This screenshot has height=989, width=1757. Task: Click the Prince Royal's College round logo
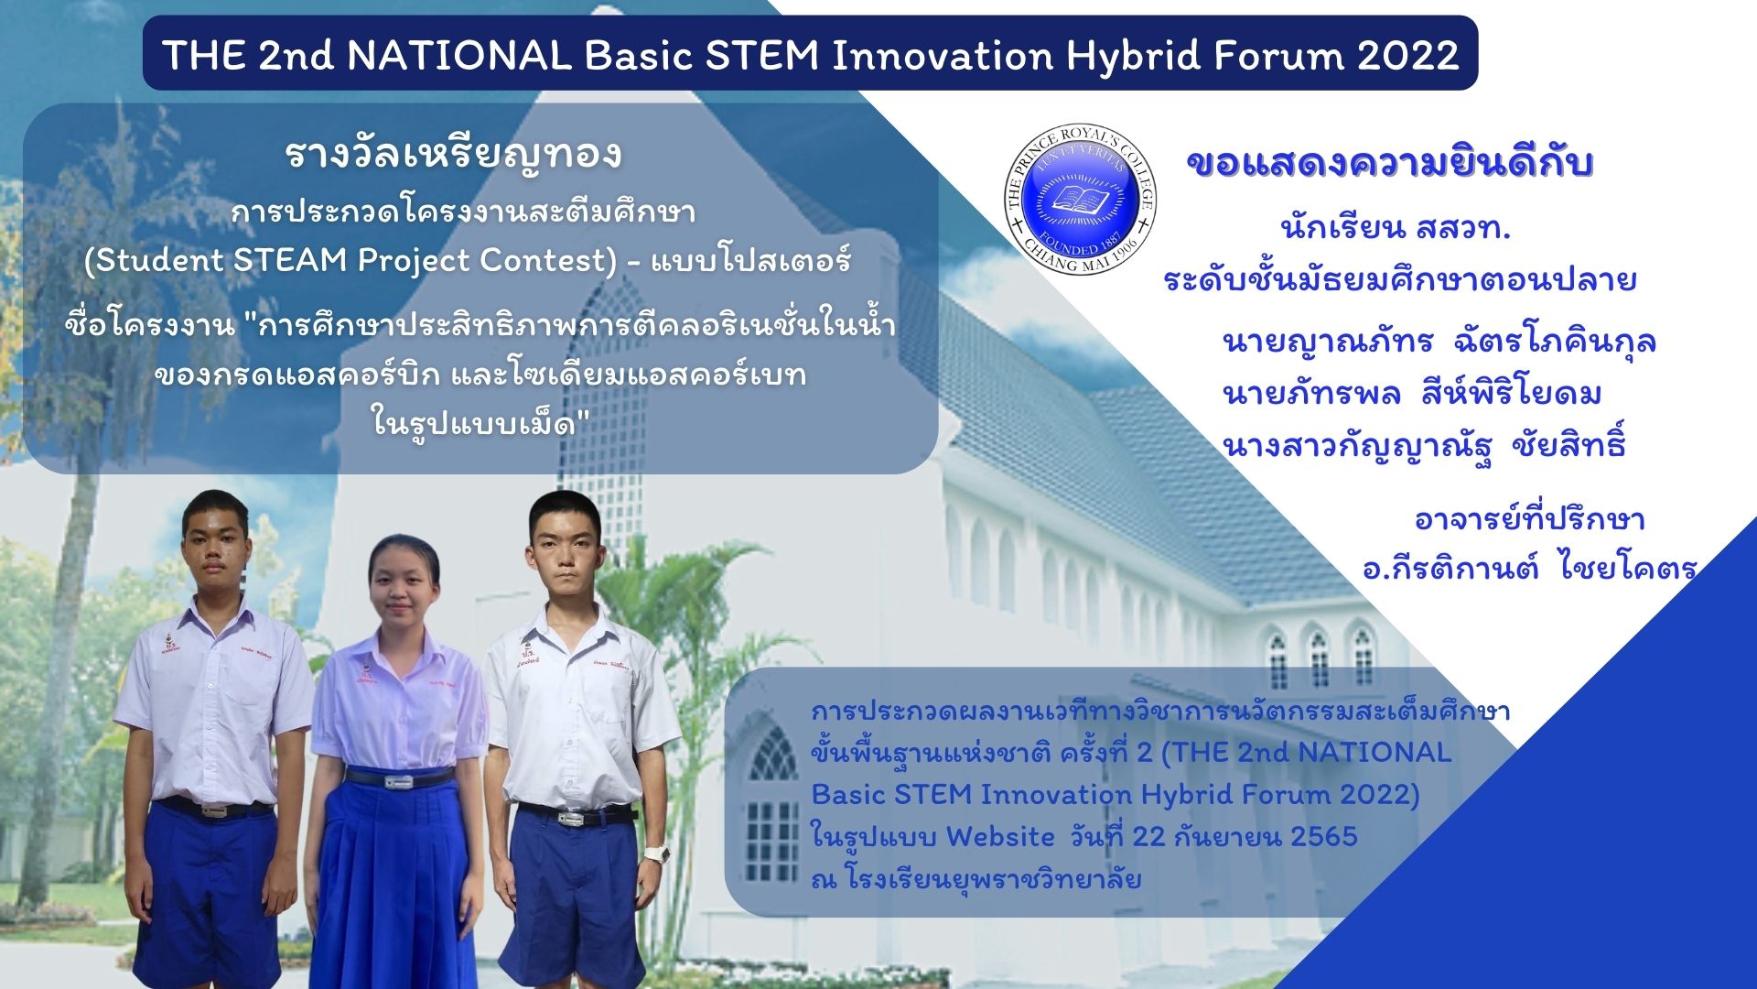pyautogui.click(x=1081, y=199)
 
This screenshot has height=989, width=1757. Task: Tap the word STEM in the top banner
pyautogui.click(x=762, y=56)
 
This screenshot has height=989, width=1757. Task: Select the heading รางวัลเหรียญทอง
pyautogui.click(x=454, y=155)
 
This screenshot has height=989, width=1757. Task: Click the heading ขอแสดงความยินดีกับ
pyautogui.click(x=1390, y=164)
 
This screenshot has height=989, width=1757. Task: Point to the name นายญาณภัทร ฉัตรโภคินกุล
pyautogui.click(x=1439, y=342)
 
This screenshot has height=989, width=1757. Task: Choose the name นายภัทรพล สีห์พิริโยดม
pyautogui.click(x=1412, y=393)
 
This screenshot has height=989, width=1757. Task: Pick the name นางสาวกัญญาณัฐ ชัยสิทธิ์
pyautogui.click(x=1425, y=445)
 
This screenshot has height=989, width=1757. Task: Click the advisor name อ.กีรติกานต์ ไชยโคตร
pyautogui.click(x=1530, y=568)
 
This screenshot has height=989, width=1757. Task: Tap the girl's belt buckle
pyautogui.click(x=399, y=781)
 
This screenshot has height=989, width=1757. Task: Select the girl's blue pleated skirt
pyautogui.click(x=395, y=879)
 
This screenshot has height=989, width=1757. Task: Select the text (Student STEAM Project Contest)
pyautogui.click(x=351, y=261)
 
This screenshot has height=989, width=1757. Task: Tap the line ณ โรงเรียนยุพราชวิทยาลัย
pyautogui.click(x=976, y=879)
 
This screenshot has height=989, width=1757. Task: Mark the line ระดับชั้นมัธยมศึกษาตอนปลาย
pyautogui.click(x=1400, y=279)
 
